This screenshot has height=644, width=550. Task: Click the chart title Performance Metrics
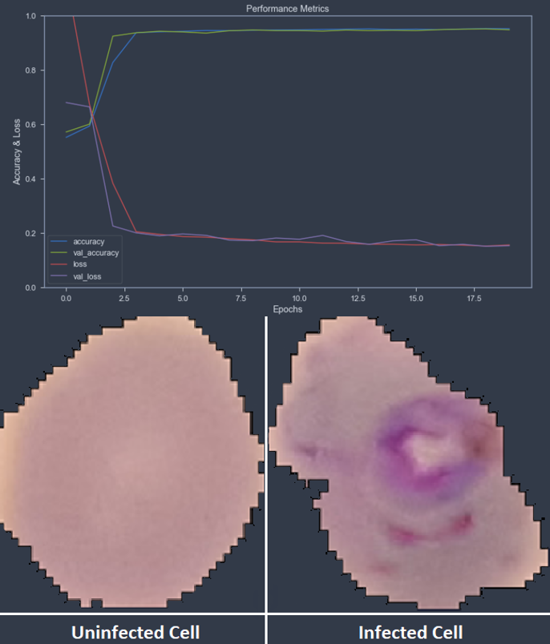pyautogui.click(x=287, y=9)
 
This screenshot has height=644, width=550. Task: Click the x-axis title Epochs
pyautogui.click(x=287, y=309)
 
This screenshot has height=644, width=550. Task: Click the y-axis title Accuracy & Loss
pyautogui.click(x=17, y=151)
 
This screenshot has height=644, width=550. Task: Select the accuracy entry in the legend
pyautogui.click(x=88, y=241)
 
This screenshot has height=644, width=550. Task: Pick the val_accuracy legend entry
pyautogui.click(x=95, y=252)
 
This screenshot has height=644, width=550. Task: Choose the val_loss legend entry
pyautogui.click(x=87, y=275)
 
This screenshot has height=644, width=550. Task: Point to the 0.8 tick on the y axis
pyautogui.click(x=30, y=70)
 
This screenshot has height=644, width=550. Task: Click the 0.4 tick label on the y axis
pyautogui.click(x=30, y=179)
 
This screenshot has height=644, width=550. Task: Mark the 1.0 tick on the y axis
pyautogui.click(x=30, y=16)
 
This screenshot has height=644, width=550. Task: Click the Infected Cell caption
pyautogui.click(x=410, y=631)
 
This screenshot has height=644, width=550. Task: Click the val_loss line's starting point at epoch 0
pyautogui.click(x=66, y=103)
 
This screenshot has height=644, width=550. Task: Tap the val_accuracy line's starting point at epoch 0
pyautogui.click(x=66, y=132)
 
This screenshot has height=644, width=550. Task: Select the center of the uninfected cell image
pyautogui.click(x=132, y=461)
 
